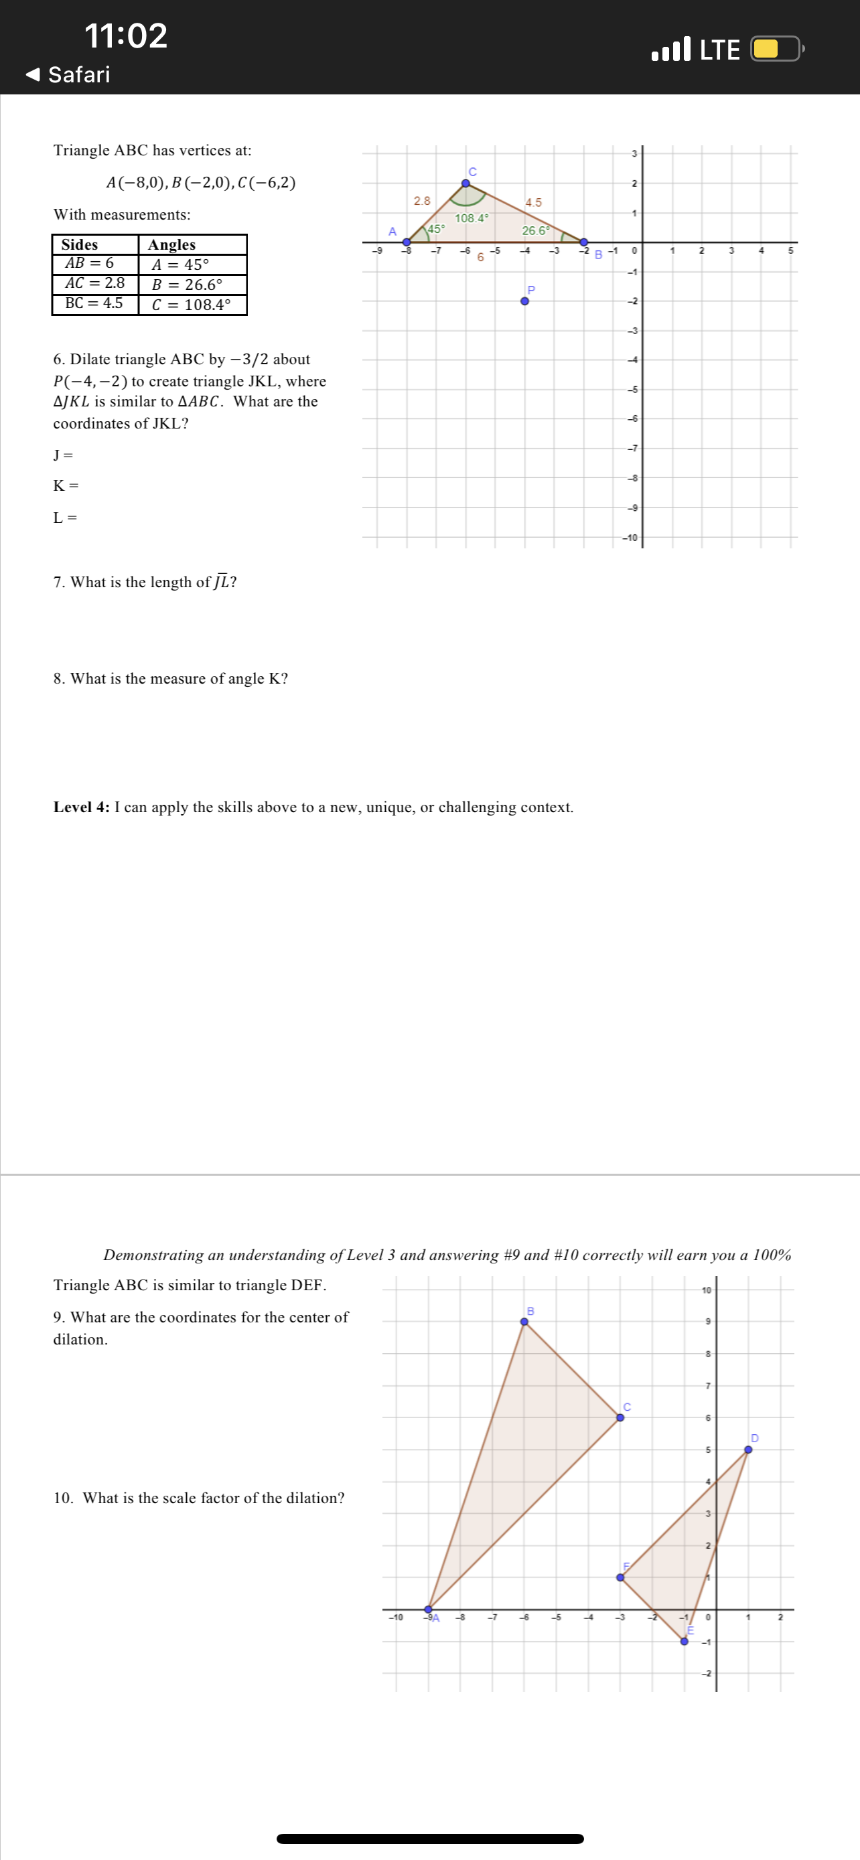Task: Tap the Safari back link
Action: coord(68,74)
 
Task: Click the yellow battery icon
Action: coord(775,49)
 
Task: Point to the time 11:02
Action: coord(126,35)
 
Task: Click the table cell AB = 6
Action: coord(90,264)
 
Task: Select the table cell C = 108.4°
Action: coord(192,305)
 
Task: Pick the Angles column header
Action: coord(172,245)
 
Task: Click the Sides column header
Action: coord(80,245)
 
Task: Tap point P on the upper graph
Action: coord(525,301)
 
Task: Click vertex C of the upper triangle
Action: coord(465,183)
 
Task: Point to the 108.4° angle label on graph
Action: coord(471,218)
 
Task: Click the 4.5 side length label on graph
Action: coord(534,203)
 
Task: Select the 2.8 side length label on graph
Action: coord(422,201)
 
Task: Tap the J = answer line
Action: coord(64,455)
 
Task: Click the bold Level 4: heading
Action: coord(82,807)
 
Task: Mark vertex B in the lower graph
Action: coord(524,1322)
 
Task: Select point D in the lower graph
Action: coord(748,1449)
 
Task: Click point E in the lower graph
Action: coord(685,1641)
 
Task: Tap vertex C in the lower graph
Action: coord(620,1417)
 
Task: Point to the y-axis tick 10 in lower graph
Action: coord(706,1290)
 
